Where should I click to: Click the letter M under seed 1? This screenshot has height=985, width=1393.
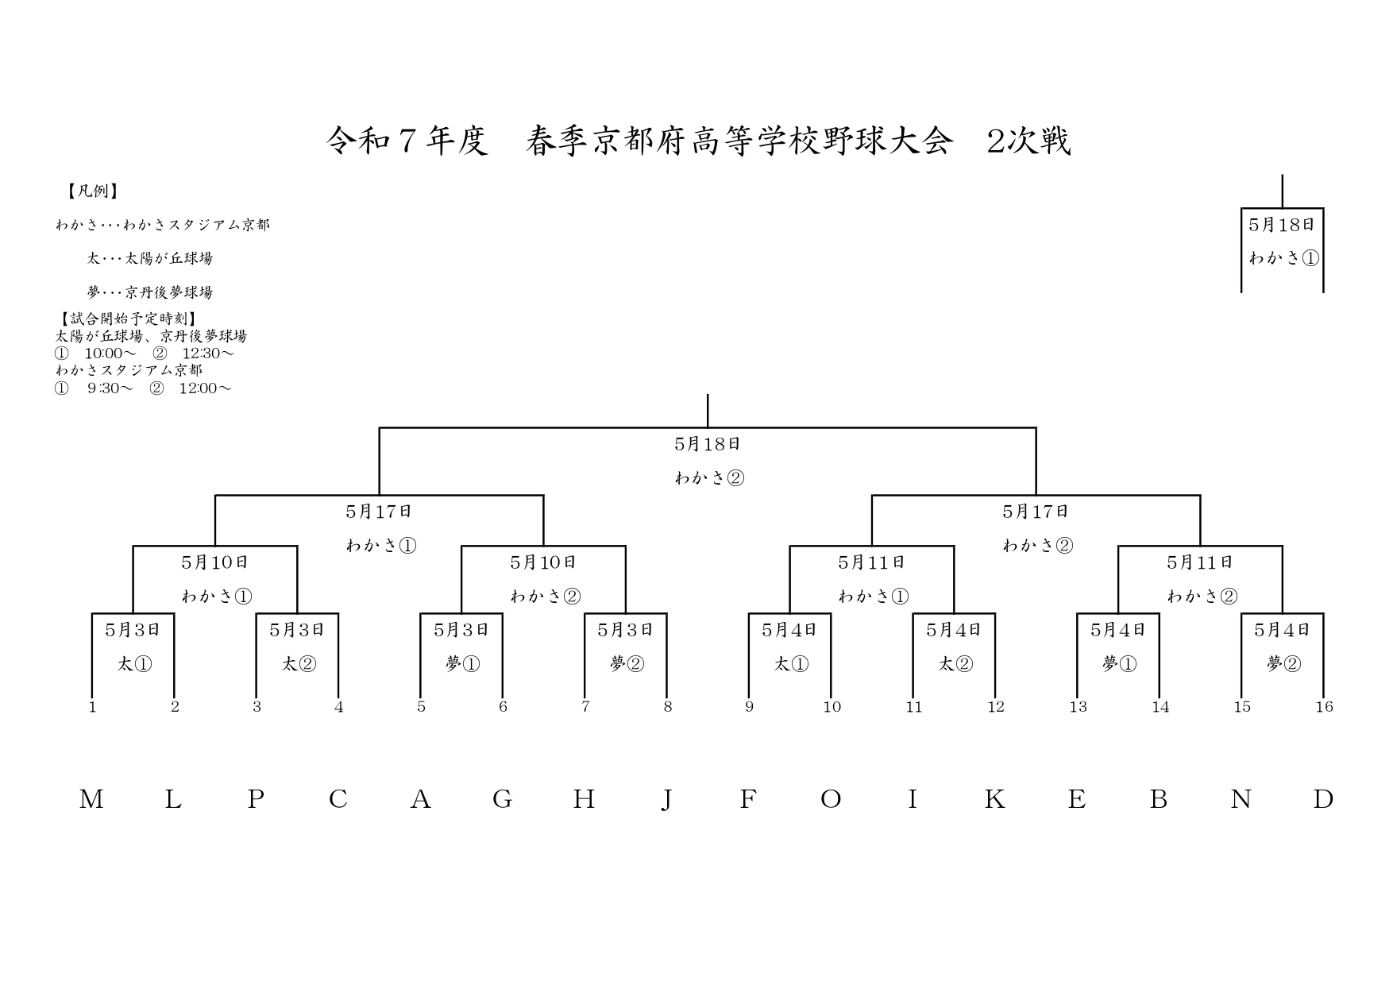(91, 799)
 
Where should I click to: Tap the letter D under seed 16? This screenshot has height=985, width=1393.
(1323, 799)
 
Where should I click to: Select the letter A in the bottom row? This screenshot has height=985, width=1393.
(420, 799)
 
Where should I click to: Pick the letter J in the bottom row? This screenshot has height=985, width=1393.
(667, 799)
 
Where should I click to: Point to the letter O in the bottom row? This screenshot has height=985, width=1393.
(831, 799)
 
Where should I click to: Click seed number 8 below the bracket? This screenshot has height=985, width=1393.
(668, 707)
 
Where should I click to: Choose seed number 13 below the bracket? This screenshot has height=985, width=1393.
(1078, 707)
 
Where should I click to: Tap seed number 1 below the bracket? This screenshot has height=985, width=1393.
(93, 707)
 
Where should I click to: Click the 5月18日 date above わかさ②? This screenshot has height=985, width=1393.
(708, 444)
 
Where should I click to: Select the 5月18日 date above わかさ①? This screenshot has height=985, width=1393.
(1282, 225)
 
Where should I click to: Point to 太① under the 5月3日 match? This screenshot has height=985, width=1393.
(134, 664)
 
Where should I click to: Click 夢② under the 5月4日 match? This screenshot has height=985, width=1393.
(1283, 664)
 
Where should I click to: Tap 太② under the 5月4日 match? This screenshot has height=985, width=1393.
(955, 664)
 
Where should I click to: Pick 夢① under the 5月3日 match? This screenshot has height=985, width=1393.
(462, 664)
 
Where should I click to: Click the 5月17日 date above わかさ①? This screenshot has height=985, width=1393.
(379, 512)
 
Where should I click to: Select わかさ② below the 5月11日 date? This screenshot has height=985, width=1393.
(1202, 596)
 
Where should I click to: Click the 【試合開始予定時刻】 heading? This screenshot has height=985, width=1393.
(125, 319)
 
